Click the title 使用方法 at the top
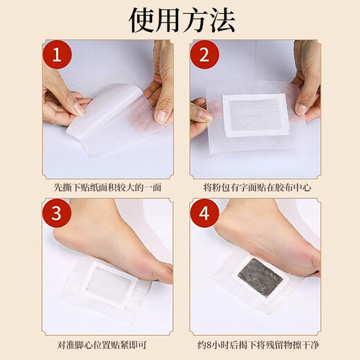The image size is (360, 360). coord(180,19)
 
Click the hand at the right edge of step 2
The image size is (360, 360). coord(307,76)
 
